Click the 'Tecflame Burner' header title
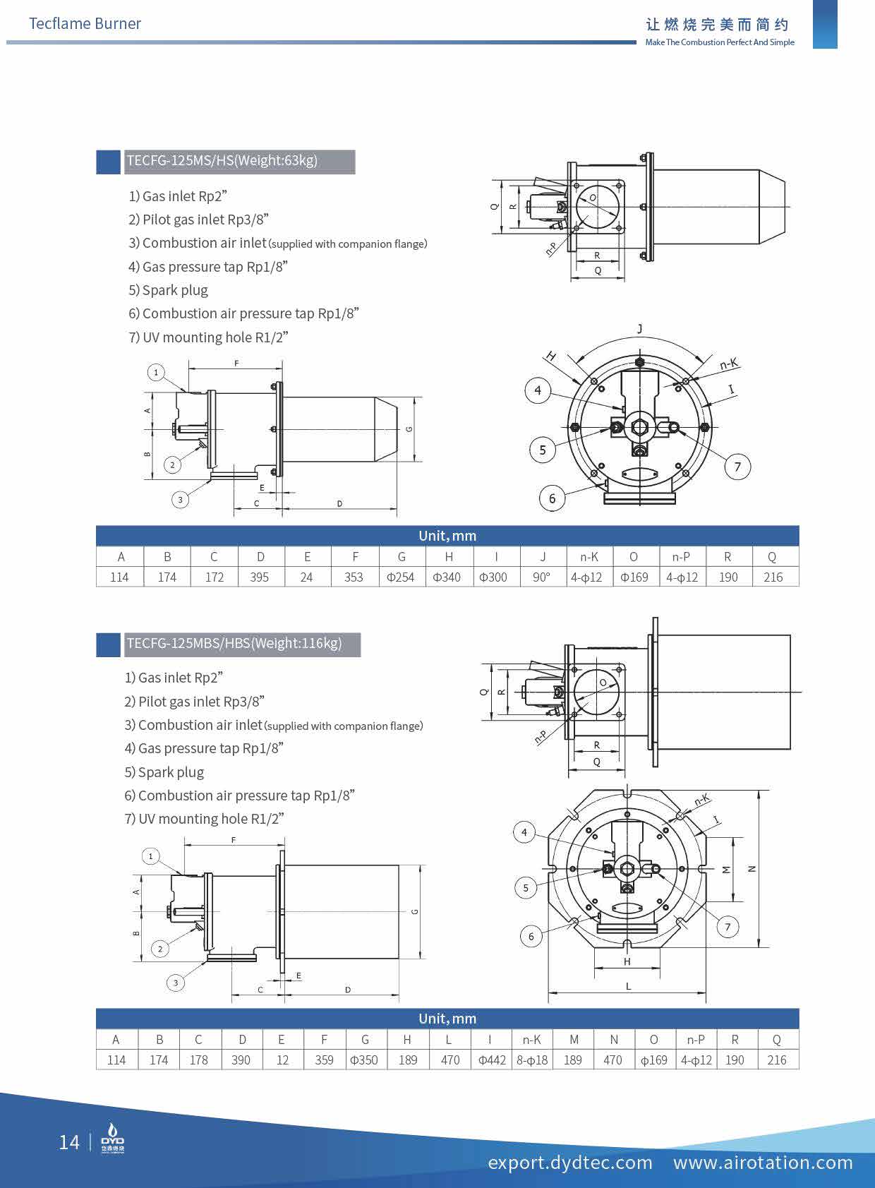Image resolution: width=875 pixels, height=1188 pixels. pos(85,23)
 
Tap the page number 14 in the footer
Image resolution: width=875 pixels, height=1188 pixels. pos(69,1142)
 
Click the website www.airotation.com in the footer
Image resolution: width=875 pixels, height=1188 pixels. pos(763,1162)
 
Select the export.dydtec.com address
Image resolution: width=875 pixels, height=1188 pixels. pos(570,1162)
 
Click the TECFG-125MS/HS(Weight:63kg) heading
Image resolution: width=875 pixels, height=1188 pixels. pos(222,160)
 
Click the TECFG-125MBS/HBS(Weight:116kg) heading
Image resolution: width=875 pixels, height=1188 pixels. pos(234,643)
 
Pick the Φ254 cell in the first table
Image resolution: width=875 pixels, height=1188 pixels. pos(401,577)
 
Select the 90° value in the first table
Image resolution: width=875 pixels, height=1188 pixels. pos(541,577)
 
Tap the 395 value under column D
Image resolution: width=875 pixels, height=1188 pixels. pos(260,577)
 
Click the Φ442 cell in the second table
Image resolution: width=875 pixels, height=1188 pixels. pos(491,1060)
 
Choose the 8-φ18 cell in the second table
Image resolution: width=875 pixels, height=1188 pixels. pos(532,1060)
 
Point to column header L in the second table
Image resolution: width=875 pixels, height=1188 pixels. pos(449,1039)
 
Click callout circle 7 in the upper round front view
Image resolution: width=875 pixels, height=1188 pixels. pos(737,466)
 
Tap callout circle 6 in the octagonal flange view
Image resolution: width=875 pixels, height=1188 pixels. pos(531,936)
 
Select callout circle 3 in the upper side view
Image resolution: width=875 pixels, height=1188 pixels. pos(180,500)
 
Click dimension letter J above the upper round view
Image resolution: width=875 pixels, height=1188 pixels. pos(640,328)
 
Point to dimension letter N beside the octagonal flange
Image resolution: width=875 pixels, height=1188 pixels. pos(752,869)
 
